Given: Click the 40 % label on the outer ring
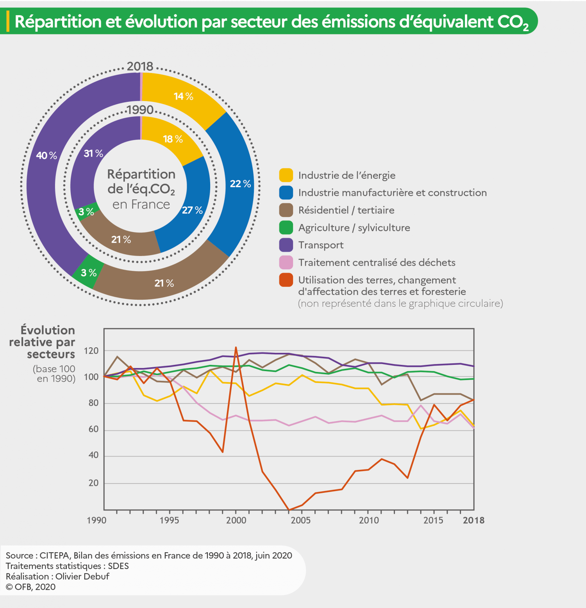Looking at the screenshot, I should [x=46, y=155].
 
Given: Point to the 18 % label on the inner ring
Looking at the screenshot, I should [x=173, y=139].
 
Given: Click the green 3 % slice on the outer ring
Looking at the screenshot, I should [x=88, y=272].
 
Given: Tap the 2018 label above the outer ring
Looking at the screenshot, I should [x=140, y=66].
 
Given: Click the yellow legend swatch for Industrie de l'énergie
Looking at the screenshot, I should [x=286, y=175].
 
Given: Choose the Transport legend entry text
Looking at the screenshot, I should [x=321, y=245].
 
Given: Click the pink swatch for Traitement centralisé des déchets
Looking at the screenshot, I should [x=286, y=262].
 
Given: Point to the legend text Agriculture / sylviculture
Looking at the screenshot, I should [x=354, y=228].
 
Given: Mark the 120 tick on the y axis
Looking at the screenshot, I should [x=91, y=350].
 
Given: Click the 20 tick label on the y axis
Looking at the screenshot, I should [x=93, y=483].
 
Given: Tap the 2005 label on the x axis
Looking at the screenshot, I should [x=300, y=520].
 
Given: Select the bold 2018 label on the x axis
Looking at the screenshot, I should [x=473, y=520].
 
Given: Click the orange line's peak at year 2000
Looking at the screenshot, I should [x=236, y=347].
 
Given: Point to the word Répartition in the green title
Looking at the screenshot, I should [x=58, y=21].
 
